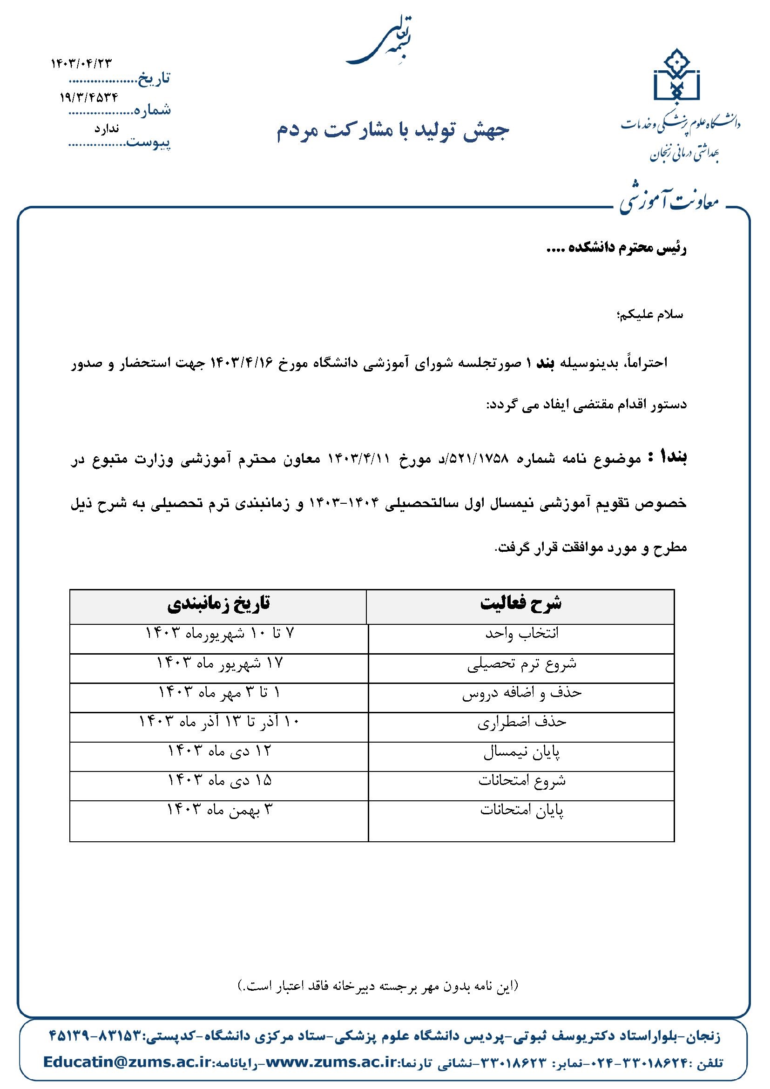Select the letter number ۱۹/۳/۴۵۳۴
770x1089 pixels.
89,97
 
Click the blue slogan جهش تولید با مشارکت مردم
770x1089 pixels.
392,133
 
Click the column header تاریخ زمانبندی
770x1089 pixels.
219,603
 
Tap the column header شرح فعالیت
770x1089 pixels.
520,603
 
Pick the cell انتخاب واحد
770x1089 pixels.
521,634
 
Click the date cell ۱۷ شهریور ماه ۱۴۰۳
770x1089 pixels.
220,663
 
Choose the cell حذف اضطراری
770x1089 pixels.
521,723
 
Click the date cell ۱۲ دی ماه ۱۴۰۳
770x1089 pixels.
220,751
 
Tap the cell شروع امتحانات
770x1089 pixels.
521,781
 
